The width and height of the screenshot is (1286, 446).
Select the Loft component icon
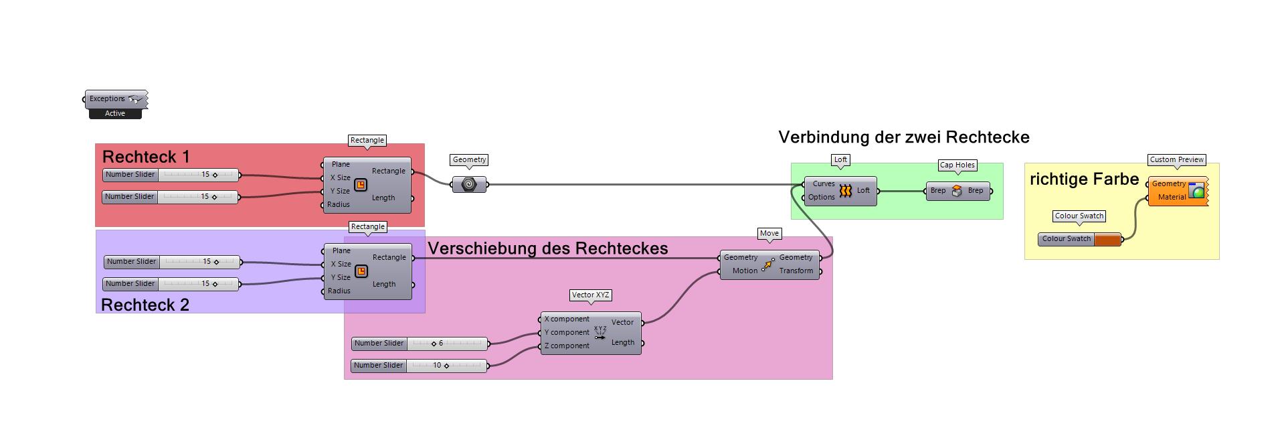click(845, 191)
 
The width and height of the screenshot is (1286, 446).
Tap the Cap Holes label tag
click(957, 165)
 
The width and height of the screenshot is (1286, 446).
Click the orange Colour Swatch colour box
click(1107, 240)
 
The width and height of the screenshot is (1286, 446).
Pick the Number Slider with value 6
click(420, 344)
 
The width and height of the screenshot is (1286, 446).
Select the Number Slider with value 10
click(420, 366)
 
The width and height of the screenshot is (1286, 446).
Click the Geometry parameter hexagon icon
click(469, 184)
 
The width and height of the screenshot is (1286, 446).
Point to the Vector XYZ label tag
click(591, 295)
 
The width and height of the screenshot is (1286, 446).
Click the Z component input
click(566, 346)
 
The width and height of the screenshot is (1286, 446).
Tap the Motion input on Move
click(744, 271)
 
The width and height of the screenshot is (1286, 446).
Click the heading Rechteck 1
click(146, 157)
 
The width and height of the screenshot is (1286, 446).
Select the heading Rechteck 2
click(145, 305)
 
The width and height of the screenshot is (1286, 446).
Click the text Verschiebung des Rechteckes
click(547, 248)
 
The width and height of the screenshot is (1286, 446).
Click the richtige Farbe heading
click(1084, 179)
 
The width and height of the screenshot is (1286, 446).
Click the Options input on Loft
click(821, 198)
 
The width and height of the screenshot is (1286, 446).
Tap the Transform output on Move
click(796, 271)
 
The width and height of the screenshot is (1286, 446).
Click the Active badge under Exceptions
click(115, 114)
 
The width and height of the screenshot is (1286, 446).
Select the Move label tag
click(769, 234)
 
